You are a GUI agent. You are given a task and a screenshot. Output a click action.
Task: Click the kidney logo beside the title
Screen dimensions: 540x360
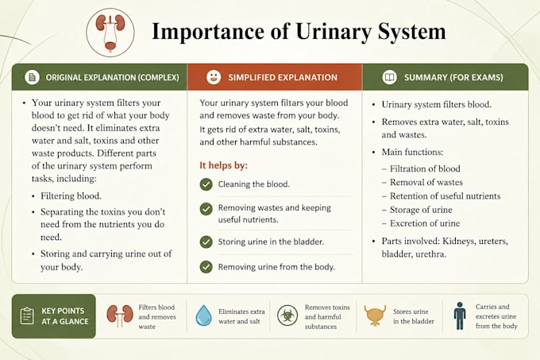(x=110, y=33)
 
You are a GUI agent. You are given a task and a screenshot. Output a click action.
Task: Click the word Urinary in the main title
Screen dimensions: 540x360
(x=334, y=32)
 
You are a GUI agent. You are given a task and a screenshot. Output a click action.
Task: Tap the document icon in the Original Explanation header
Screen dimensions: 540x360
(x=32, y=77)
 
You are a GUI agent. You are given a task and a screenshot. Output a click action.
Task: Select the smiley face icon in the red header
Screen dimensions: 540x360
(x=214, y=77)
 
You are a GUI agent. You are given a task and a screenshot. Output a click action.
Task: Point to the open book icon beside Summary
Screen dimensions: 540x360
(x=389, y=77)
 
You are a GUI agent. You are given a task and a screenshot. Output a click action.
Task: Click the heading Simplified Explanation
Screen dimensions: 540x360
(x=283, y=78)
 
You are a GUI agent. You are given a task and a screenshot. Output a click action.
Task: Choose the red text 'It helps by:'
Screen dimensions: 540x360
(x=223, y=165)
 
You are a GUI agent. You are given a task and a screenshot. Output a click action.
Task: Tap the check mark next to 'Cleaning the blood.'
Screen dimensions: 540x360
(x=206, y=184)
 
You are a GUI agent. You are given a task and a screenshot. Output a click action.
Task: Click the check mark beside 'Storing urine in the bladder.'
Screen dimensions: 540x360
(x=206, y=242)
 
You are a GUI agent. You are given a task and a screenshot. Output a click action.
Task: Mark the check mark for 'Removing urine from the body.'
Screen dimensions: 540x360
(x=206, y=267)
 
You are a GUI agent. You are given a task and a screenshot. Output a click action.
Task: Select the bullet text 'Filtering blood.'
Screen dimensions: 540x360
(x=71, y=196)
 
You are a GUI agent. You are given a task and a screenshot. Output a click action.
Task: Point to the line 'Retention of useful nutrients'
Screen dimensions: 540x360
(x=445, y=196)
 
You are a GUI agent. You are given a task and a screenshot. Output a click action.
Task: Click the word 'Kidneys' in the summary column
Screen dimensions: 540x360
(x=457, y=241)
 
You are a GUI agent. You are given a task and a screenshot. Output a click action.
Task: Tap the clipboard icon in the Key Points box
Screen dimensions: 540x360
(x=27, y=316)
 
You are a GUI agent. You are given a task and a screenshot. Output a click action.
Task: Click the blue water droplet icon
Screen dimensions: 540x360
(x=203, y=315)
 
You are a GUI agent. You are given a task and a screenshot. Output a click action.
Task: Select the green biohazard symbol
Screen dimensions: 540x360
(x=287, y=315)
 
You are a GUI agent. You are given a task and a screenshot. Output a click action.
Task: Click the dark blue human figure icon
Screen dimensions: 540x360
(x=460, y=316)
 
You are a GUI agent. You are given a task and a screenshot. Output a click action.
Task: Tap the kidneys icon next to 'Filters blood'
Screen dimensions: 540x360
(x=119, y=315)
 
